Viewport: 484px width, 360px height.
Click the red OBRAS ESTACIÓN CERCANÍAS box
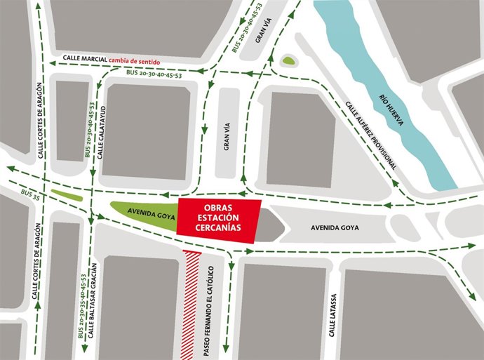pos(218,218)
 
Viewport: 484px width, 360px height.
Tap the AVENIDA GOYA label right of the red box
pos(334,227)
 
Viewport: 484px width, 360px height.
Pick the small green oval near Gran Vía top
pos(288,61)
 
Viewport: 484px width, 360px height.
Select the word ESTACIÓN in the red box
pos(218,218)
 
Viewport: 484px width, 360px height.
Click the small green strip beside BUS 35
pos(66,195)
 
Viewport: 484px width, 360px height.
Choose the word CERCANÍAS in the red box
pos(218,228)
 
